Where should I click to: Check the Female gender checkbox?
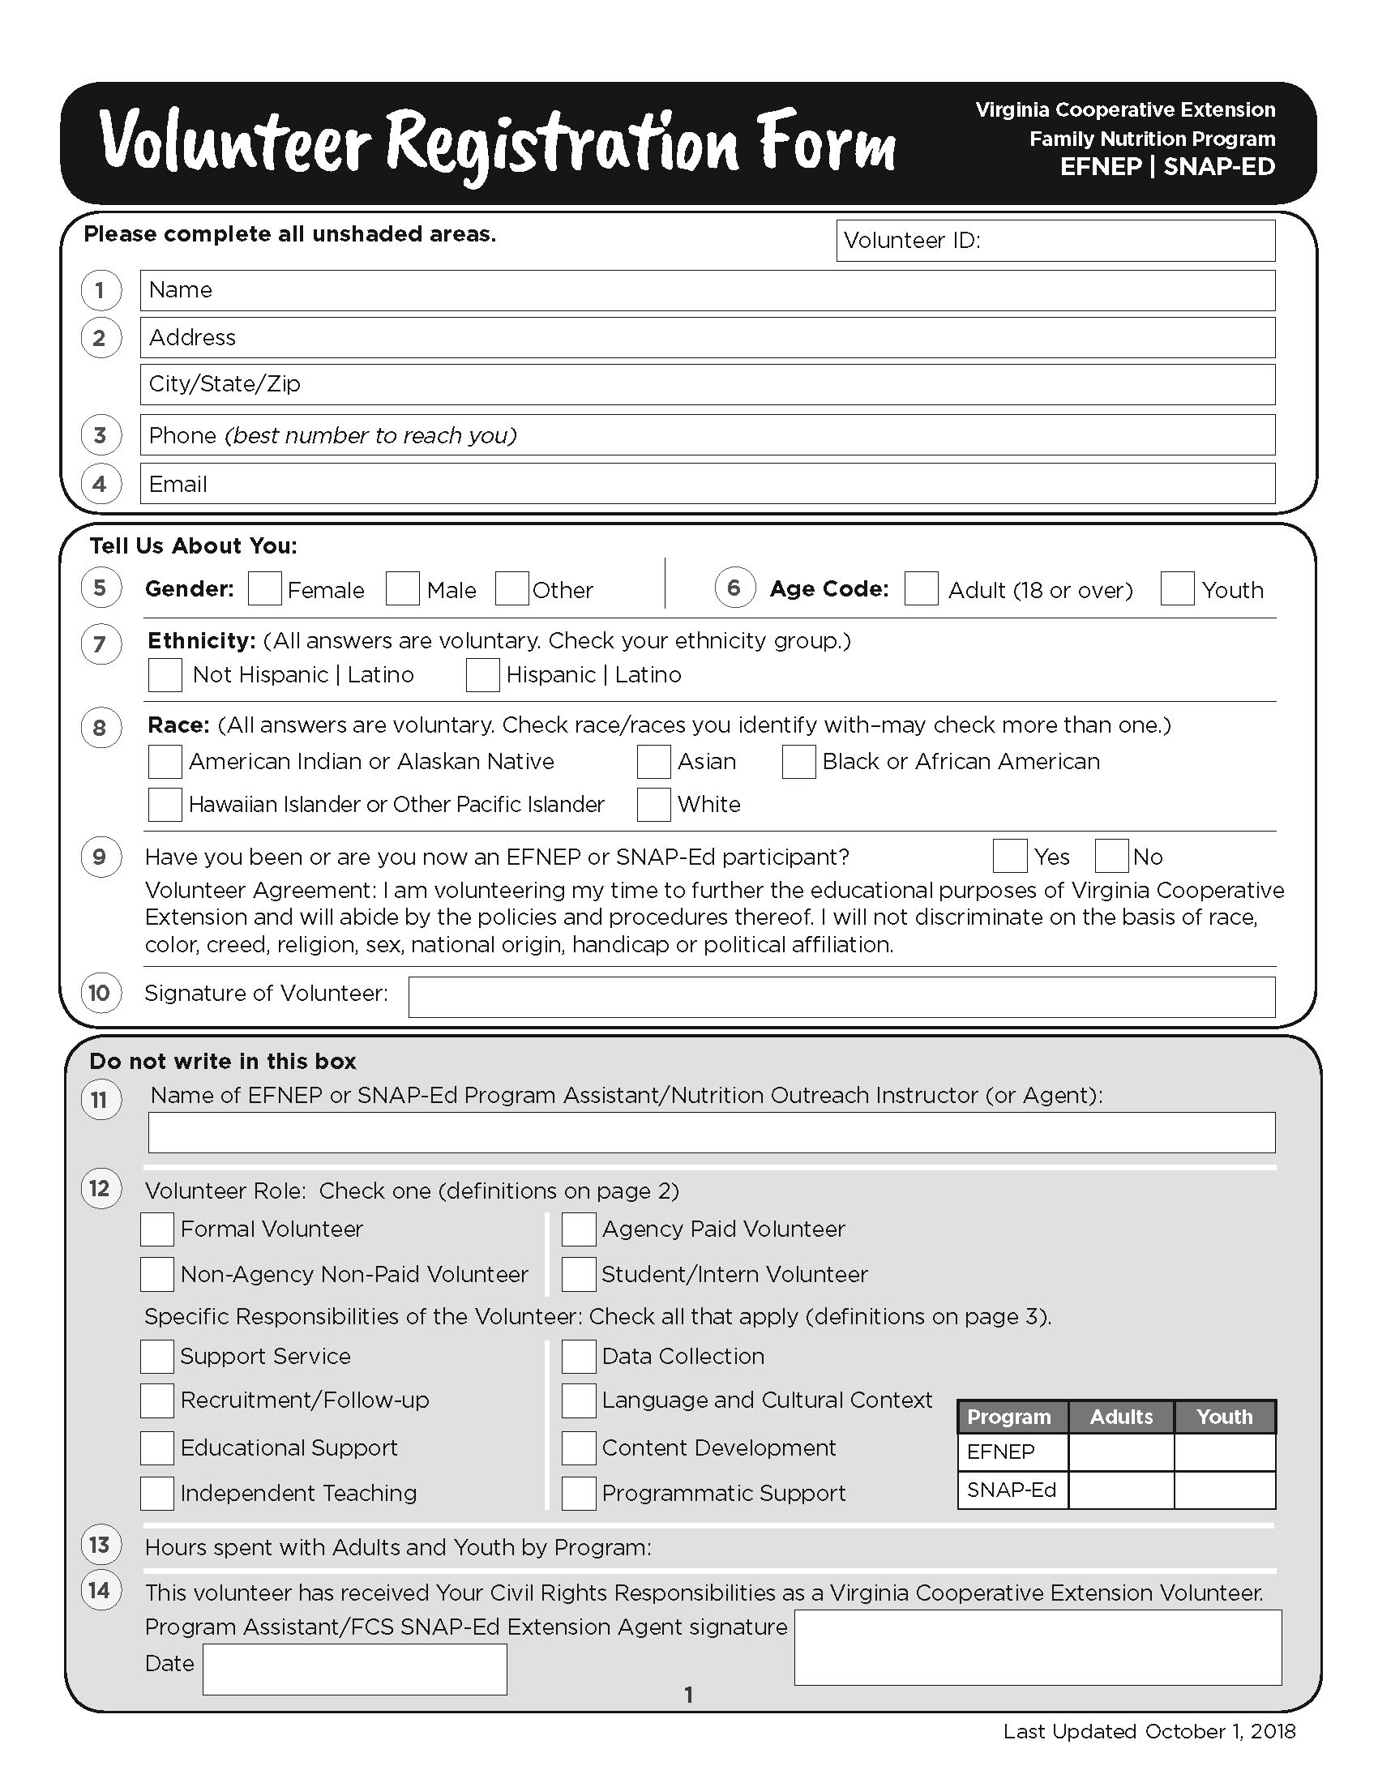(x=264, y=588)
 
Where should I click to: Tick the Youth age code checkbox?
(x=1177, y=588)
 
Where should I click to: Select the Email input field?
(x=707, y=484)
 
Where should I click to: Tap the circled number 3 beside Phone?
(x=101, y=435)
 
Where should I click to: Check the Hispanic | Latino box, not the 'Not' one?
(x=482, y=675)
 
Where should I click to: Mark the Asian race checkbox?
(x=654, y=762)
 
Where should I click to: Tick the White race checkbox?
(x=654, y=804)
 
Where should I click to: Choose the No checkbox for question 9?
(x=1112, y=857)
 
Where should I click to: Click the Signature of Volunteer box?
(x=841, y=997)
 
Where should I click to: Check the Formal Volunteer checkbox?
(x=156, y=1229)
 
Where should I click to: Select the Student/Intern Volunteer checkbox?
(x=579, y=1274)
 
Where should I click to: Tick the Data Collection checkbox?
(x=579, y=1357)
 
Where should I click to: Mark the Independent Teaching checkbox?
(x=156, y=1493)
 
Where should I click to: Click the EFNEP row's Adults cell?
(x=1121, y=1452)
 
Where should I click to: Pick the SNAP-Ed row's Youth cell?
(x=1225, y=1490)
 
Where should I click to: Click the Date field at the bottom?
(x=354, y=1670)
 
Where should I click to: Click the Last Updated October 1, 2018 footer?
(x=1149, y=1732)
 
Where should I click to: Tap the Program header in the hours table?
(x=1010, y=1417)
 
